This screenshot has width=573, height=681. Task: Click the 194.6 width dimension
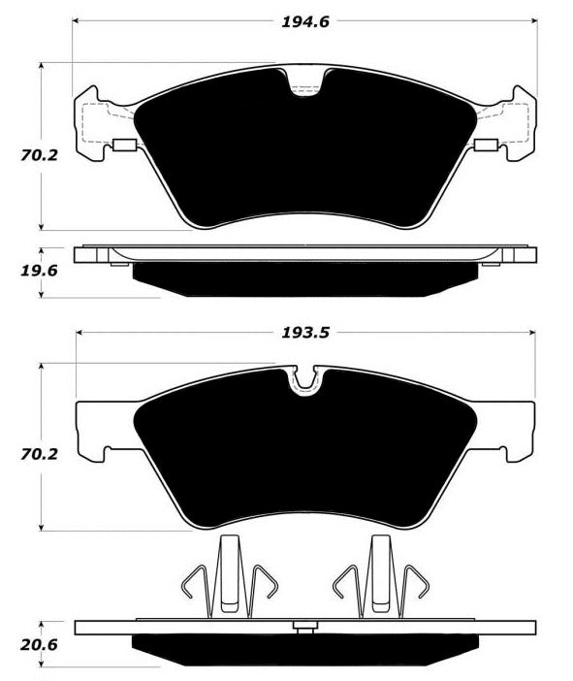(x=305, y=21)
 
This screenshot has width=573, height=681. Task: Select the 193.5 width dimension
(x=305, y=333)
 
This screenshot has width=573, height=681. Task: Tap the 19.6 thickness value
(x=39, y=271)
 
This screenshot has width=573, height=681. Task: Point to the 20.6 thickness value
(x=39, y=645)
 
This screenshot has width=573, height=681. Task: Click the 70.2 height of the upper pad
(x=39, y=155)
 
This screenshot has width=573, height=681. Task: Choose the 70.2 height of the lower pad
(x=39, y=454)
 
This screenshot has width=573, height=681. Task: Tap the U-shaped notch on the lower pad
(x=305, y=382)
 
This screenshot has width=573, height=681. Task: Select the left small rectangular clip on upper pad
(x=124, y=146)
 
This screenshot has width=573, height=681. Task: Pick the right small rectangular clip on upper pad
(x=486, y=146)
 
